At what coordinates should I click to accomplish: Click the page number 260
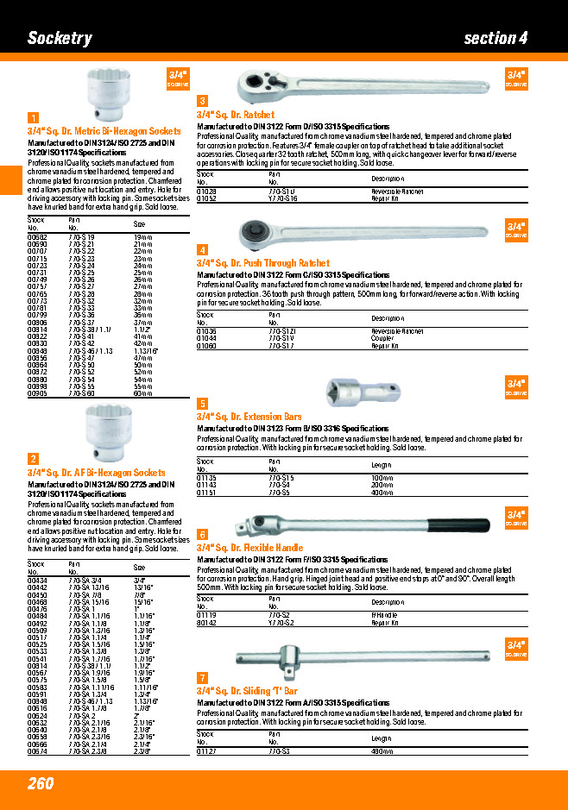(40, 783)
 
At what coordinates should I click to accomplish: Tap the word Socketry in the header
(60, 38)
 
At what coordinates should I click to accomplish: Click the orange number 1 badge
(33, 118)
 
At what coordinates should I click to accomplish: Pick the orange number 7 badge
(202, 678)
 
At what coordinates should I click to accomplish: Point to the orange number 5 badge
(202, 404)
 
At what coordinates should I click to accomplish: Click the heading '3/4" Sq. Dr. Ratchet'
(235, 115)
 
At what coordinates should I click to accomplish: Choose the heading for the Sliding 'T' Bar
(247, 691)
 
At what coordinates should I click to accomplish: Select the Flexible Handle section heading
(249, 548)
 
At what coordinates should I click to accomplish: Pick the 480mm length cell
(381, 751)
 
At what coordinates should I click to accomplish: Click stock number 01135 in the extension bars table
(206, 478)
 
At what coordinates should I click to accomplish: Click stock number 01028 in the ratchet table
(206, 191)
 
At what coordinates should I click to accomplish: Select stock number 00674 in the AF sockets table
(37, 751)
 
